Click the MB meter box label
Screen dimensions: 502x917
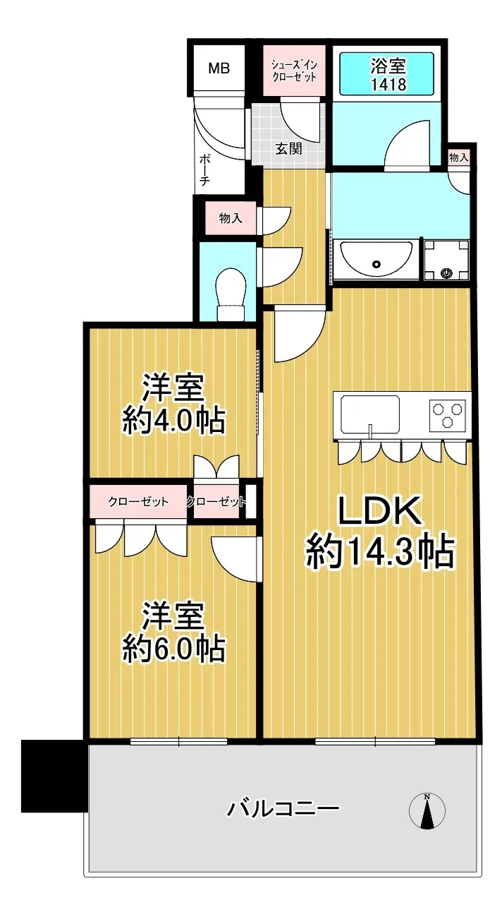[x=219, y=68]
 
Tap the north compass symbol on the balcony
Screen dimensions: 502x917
[x=427, y=811]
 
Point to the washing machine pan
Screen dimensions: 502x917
[x=446, y=260]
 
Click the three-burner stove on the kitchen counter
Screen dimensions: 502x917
[x=448, y=415]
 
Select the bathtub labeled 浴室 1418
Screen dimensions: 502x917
[x=386, y=74]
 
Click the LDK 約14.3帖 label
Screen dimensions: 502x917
[x=380, y=532]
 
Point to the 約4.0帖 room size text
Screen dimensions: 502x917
[x=173, y=421]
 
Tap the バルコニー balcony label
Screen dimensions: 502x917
[x=283, y=809]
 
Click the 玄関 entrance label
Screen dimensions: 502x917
[x=288, y=149]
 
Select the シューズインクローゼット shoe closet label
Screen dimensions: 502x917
[x=294, y=71]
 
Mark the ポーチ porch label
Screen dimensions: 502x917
[x=204, y=170]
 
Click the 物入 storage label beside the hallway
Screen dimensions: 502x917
[x=231, y=218]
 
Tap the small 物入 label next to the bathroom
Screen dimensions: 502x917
[x=458, y=157]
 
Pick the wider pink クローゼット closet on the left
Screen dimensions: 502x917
[x=138, y=501]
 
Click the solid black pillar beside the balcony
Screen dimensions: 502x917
[x=54, y=776]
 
